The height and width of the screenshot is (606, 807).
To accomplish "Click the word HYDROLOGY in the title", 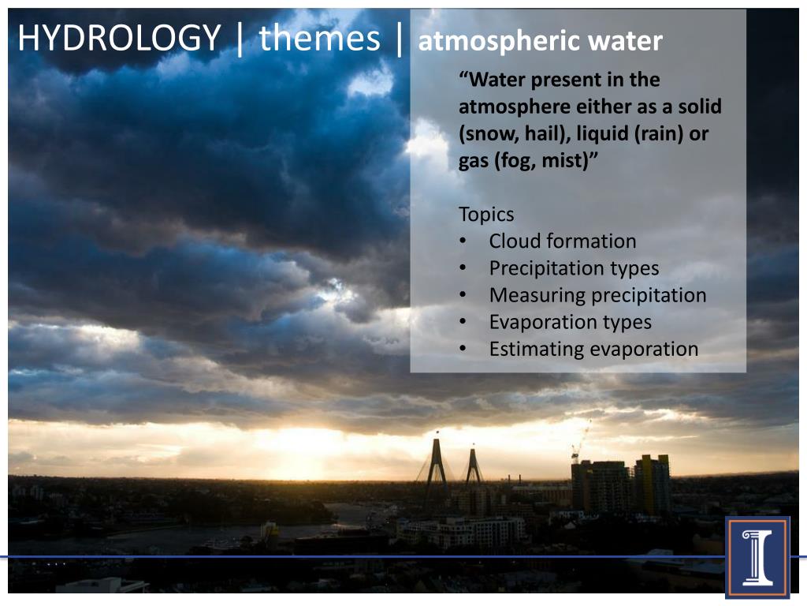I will pos(119,38).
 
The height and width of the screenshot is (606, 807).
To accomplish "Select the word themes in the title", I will pos(319,38).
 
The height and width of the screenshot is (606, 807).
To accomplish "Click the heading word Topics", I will pos(486,215).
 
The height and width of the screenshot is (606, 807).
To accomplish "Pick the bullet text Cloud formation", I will pos(562,241).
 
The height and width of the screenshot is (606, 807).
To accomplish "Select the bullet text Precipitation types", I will pos(574,268).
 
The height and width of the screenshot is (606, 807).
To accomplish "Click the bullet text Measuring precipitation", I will pos(597,295).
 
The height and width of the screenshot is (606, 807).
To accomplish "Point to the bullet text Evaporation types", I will pos(570,322).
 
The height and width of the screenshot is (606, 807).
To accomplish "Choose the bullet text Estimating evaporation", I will pos(593,349).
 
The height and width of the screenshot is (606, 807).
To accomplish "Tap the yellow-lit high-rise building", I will pos(652,483).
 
